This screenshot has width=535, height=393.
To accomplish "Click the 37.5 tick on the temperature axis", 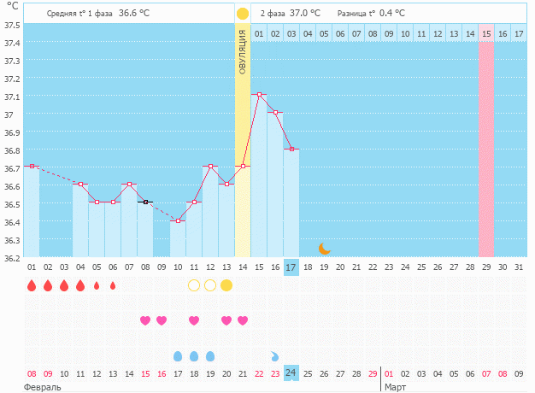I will click(x=11, y=25).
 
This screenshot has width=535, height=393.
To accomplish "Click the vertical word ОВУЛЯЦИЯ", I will click(x=243, y=51).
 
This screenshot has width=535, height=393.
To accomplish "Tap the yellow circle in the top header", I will click(x=243, y=13).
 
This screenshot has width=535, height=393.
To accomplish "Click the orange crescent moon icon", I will click(x=324, y=249).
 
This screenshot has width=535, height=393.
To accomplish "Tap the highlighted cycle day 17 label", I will click(x=291, y=267).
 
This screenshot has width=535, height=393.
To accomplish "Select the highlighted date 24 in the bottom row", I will click(x=291, y=373).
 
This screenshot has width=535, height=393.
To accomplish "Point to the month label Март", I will click(x=395, y=387).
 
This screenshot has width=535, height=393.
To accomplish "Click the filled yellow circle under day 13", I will click(x=226, y=284).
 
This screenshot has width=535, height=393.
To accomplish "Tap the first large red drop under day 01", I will click(x=32, y=285).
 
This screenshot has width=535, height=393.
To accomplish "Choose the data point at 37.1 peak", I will click(x=259, y=94).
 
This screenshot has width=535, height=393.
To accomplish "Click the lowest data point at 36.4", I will click(x=178, y=220).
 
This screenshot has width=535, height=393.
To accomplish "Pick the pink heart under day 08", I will click(x=145, y=320).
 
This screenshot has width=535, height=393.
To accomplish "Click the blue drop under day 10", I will click(x=178, y=355).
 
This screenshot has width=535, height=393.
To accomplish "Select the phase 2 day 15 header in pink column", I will click(x=485, y=33).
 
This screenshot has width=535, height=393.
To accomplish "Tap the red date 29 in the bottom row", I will click(x=373, y=373).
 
